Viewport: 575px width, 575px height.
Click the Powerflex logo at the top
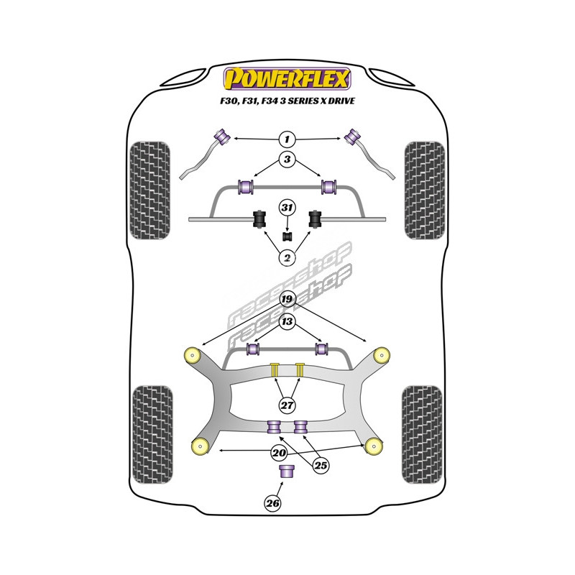287,78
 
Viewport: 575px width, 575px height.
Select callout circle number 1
287,138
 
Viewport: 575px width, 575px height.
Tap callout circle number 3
287,160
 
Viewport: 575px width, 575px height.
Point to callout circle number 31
287,208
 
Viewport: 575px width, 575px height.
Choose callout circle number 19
287,299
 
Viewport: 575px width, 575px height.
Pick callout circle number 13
287,321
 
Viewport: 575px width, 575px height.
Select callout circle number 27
287,406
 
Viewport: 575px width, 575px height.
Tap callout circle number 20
278,453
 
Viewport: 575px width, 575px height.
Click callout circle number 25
321,466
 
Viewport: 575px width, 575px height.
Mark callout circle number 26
272,503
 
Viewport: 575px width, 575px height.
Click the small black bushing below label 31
287,235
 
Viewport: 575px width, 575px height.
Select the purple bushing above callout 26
287,472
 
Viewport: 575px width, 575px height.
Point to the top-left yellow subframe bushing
193,354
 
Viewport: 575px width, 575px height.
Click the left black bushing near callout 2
259,218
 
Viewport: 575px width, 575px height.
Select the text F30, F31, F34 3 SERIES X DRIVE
287,101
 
